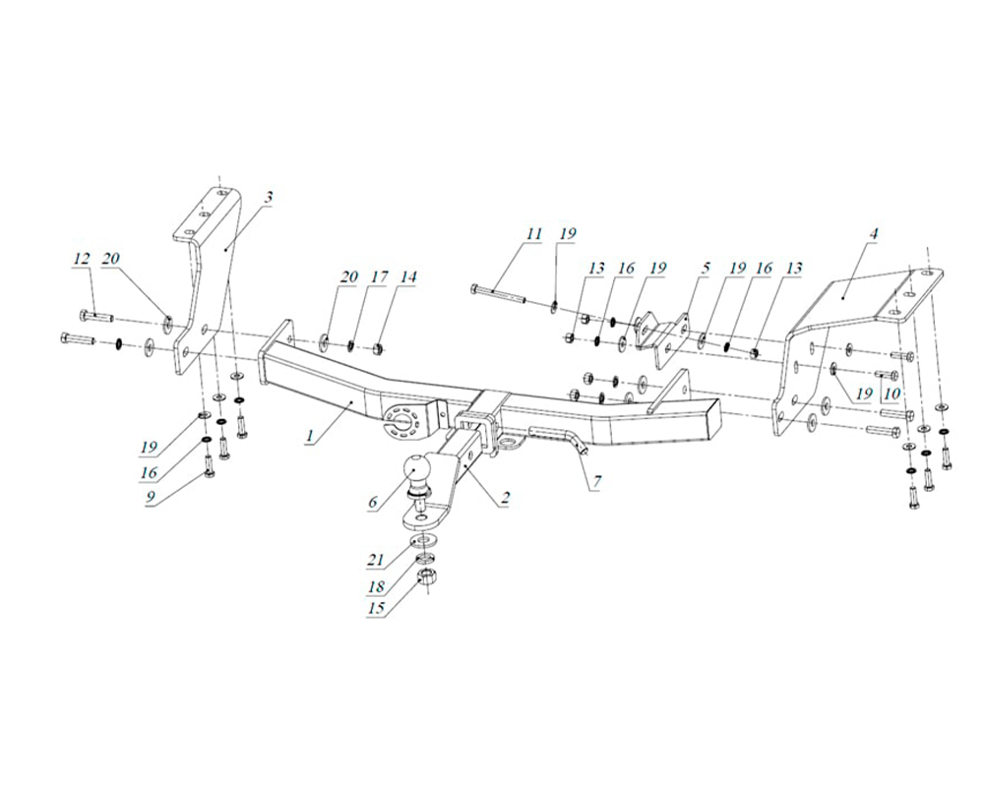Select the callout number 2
(x=504, y=500)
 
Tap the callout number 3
(x=268, y=198)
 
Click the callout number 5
(x=704, y=268)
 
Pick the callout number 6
(x=373, y=502)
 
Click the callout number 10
(x=892, y=393)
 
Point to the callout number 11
(x=533, y=234)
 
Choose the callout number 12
(x=82, y=259)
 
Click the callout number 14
(x=407, y=278)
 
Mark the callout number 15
(x=374, y=611)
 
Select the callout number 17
(x=378, y=278)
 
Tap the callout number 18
(x=374, y=586)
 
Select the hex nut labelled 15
(x=426, y=575)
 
